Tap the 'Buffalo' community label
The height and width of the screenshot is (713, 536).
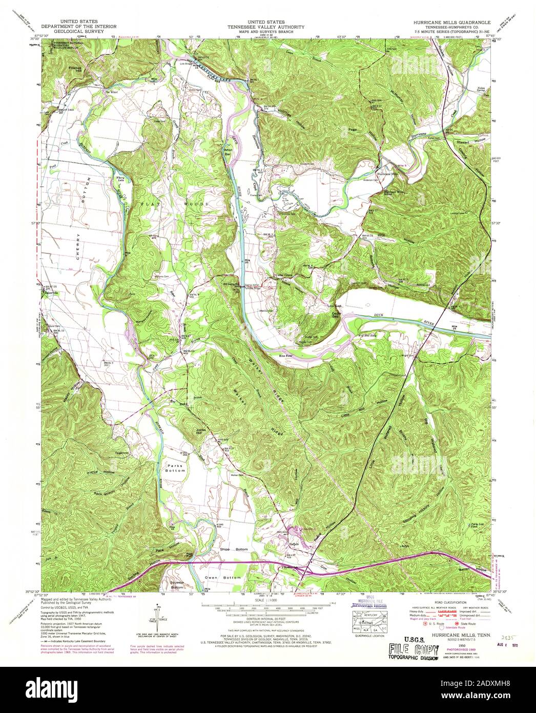tap(294, 543)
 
